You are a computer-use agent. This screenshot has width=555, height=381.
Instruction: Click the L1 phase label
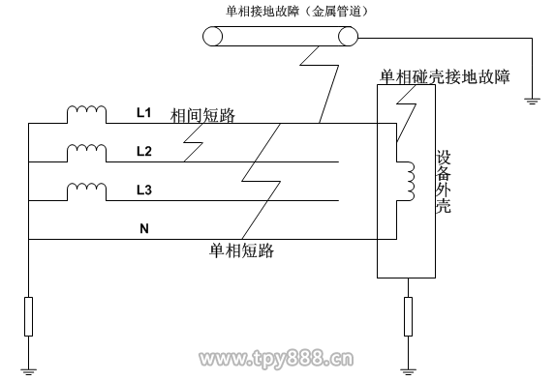144,113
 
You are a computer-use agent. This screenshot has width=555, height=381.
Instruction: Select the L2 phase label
144,151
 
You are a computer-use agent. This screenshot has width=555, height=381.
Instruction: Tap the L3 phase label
144,190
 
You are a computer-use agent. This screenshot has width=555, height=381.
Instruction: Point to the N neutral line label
144,228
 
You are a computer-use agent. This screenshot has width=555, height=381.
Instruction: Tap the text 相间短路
202,116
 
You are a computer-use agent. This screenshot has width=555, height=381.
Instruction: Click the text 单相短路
241,250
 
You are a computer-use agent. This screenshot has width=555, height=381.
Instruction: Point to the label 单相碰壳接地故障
445,76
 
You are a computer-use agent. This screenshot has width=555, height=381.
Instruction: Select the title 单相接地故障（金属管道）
296,12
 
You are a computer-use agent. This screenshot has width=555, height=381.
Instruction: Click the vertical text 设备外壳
443,182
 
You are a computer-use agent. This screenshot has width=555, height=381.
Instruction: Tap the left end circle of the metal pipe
212,37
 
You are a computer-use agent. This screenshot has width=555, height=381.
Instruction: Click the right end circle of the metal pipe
349,37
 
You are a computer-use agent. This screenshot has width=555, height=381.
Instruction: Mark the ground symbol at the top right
532,102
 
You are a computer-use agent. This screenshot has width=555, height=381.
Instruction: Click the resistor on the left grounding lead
28,316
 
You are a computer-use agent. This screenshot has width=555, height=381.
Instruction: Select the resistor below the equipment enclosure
408,316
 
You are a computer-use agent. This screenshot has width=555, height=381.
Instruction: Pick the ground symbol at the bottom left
28,371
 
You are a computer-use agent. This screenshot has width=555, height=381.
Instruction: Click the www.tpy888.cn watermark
276,359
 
